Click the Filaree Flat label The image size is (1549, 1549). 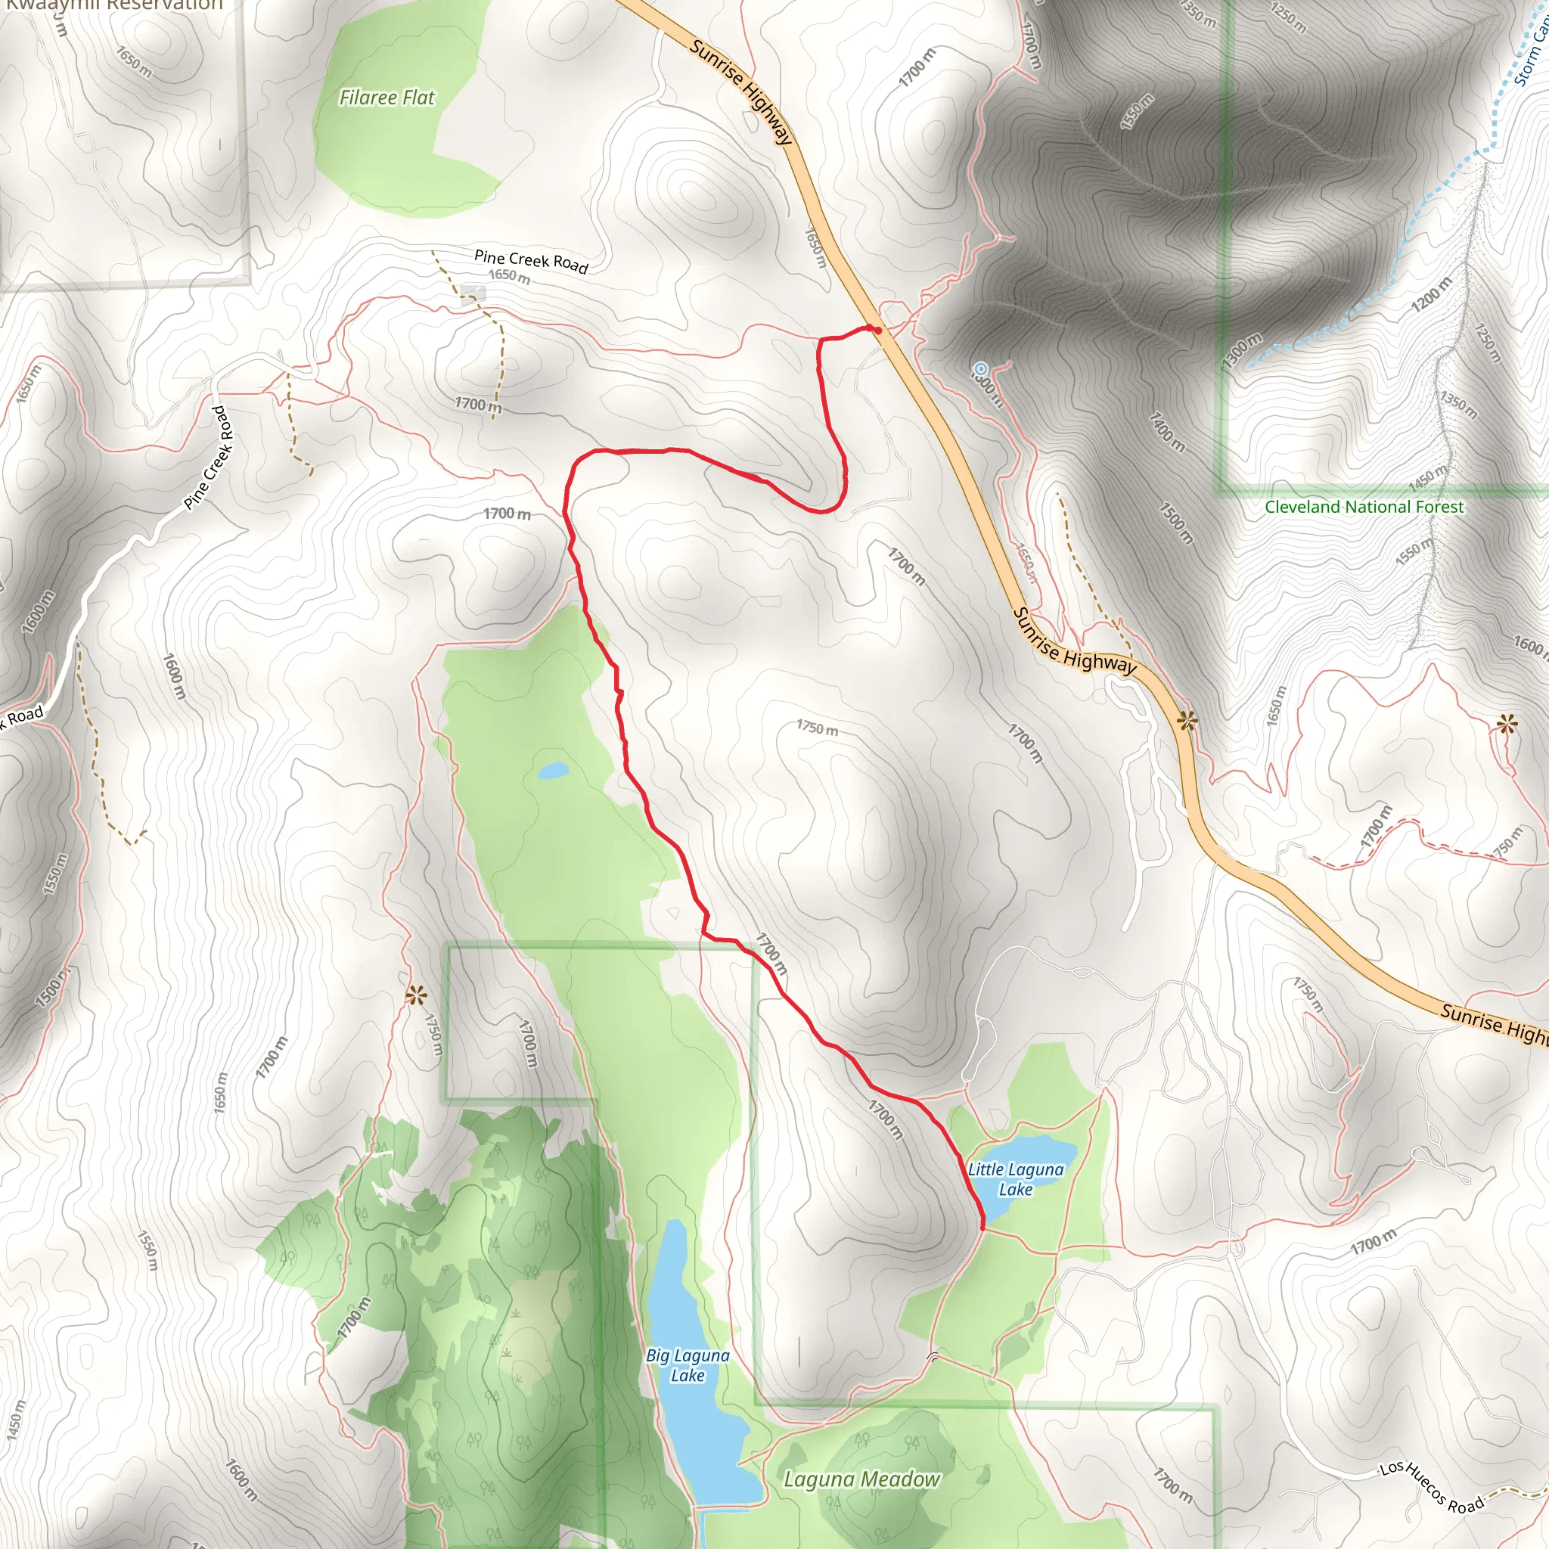click(387, 98)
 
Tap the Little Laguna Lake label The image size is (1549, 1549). click(1015, 1179)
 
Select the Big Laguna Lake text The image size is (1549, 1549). click(688, 1364)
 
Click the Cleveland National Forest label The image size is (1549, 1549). click(1364, 507)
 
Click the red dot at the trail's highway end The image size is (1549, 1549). click(878, 330)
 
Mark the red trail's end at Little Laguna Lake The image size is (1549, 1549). click(983, 1226)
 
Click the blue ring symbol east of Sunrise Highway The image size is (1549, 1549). click(979, 370)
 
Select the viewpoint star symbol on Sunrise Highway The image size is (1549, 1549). click(1187, 721)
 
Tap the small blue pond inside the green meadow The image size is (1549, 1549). click(553, 771)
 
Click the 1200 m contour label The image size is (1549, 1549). click(1431, 294)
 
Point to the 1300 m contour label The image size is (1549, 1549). click(1241, 350)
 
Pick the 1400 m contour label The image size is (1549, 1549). click(1166, 431)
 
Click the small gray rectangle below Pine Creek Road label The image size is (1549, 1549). click(473, 294)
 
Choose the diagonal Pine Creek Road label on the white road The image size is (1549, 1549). click(210, 458)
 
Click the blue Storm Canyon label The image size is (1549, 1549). click(1532, 48)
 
